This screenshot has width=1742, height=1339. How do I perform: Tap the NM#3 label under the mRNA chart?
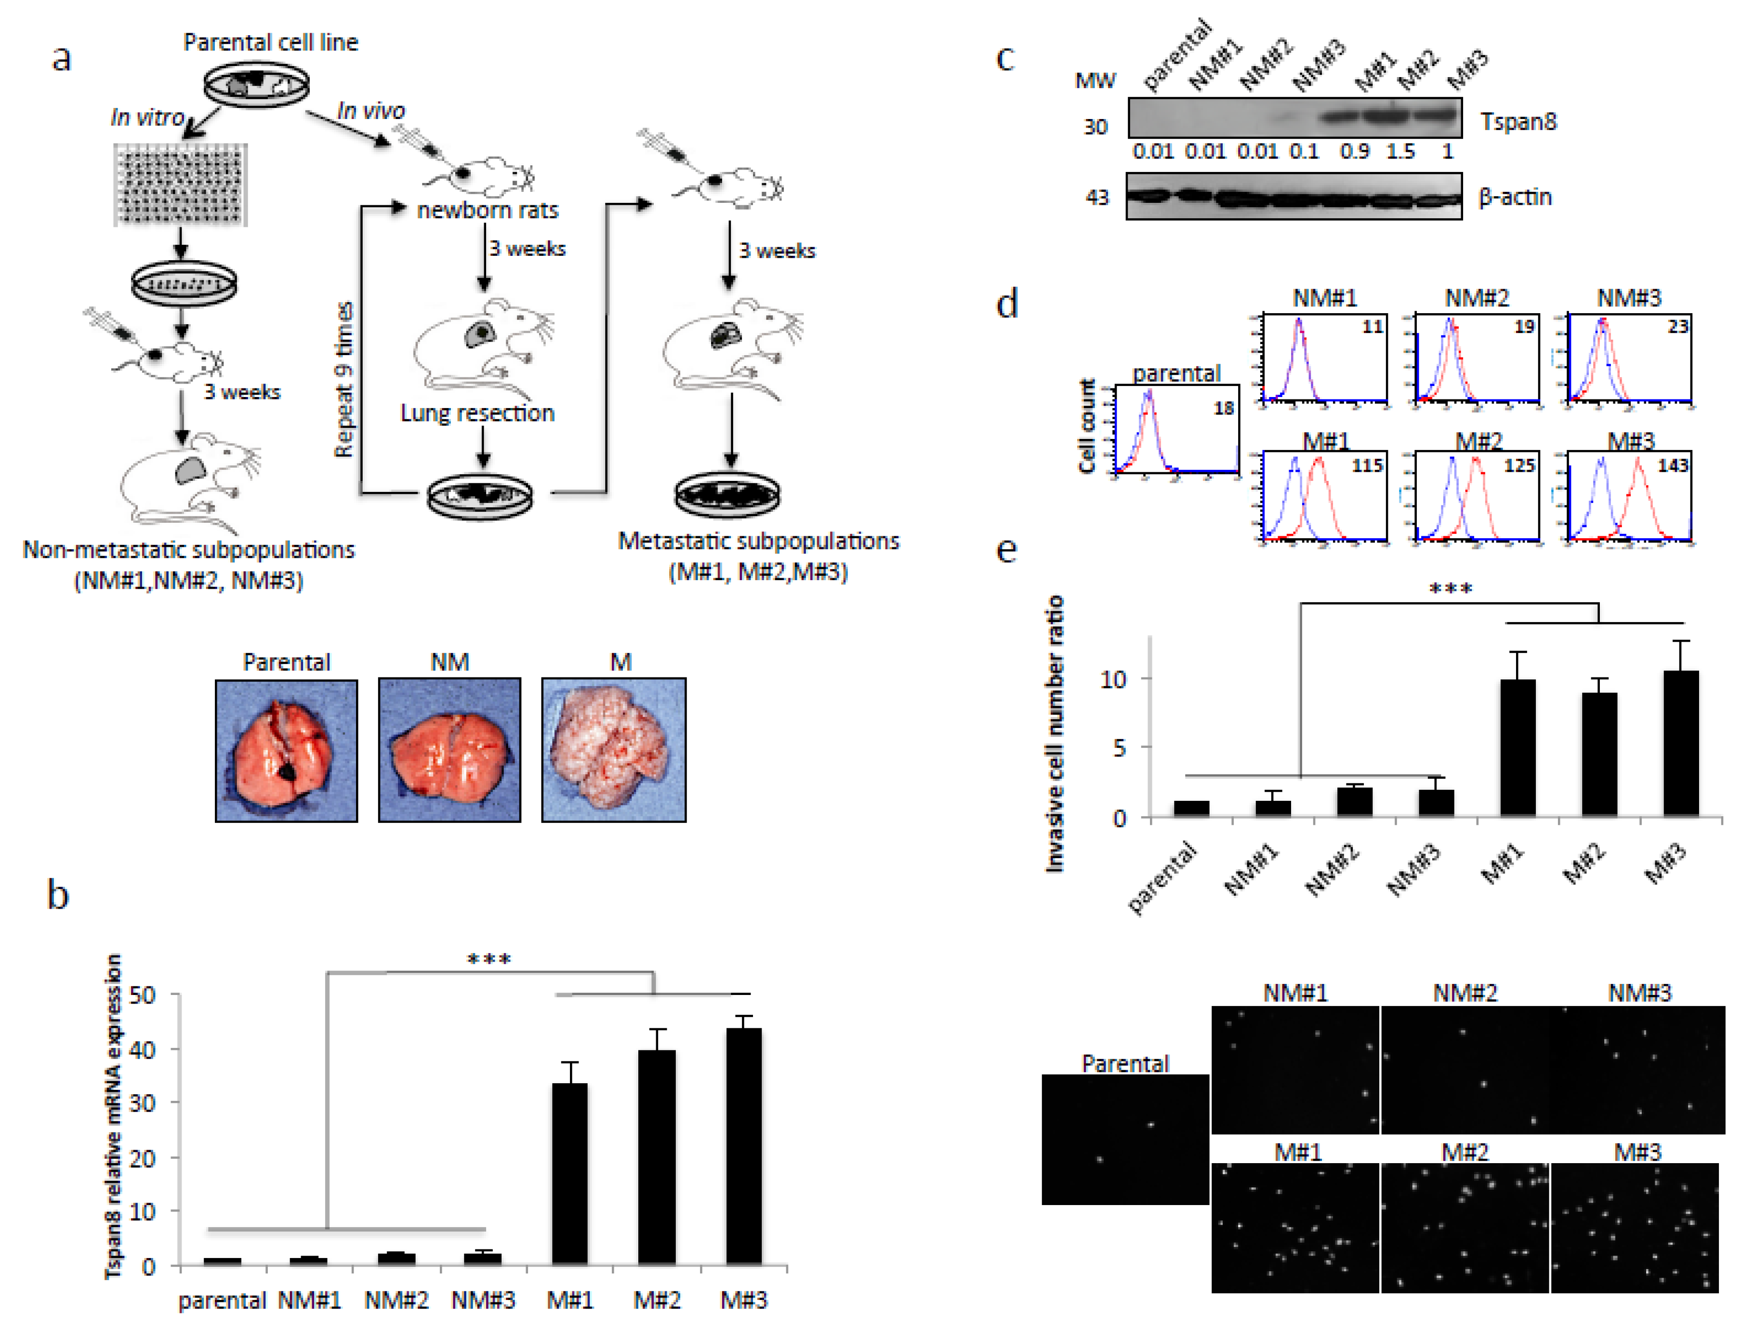pyautogui.click(x=483, y=1300)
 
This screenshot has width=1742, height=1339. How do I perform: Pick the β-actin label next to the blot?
pyautogui.click(x=1514, y=197)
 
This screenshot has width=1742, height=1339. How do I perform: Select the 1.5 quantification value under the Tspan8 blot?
pyautogui.click(x=1400, y=151)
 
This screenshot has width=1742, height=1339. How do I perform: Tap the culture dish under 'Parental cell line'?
pyautogui.click(x=256, y=84)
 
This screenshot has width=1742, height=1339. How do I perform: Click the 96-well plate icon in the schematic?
pyautogui.click(x=180, y=185)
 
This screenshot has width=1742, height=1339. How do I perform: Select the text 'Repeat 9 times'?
pyautogui.click(x=343, y=379)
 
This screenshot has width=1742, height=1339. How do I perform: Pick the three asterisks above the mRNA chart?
pyautogui.click(x=488, y=959)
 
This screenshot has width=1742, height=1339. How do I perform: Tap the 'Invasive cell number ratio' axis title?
pyautogui.click(x=1054, y=733)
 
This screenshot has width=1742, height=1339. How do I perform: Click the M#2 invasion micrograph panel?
pyautogui.click(x=1464, y=1227)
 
